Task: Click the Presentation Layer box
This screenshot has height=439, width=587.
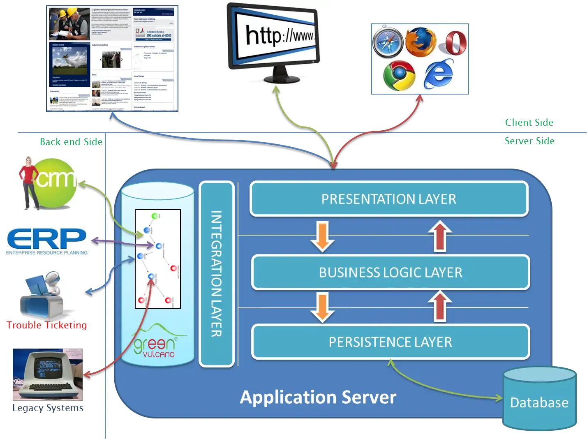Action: tap(389, 199)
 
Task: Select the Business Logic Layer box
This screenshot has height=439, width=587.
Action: tap(391, 273)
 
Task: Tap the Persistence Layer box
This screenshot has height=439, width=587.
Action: tap(391, 342)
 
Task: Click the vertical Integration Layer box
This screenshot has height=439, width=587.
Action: tap(217, 274)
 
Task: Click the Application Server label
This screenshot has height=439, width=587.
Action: tap(318, 397)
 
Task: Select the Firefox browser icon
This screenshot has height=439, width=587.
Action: tap(420, 42)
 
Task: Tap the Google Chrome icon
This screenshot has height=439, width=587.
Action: tap(399, 76)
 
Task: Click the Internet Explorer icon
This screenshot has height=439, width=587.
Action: tap(439, 74)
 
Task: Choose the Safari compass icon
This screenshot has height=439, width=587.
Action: tap(388, 42)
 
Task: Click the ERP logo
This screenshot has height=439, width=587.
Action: tap(46, 240)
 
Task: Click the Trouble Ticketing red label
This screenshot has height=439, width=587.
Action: tap(47, 325)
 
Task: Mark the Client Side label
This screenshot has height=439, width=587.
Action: tap(529, 122)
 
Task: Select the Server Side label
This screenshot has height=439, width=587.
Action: tap(529, 141)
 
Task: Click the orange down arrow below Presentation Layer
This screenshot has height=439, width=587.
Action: tap(323, 236)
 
